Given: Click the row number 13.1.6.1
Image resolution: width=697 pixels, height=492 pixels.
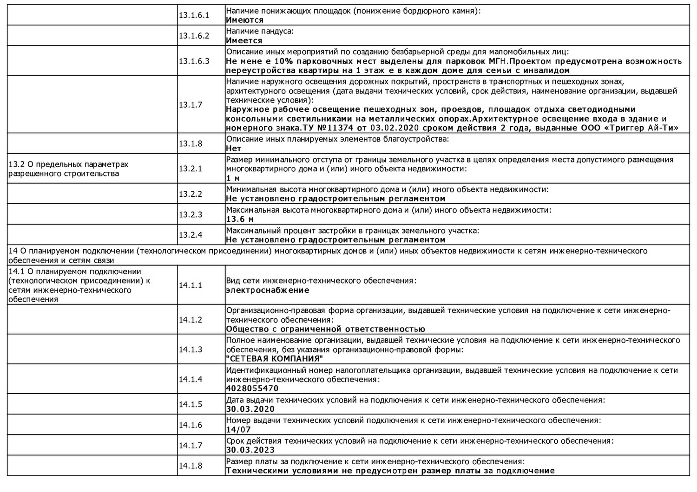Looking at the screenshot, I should [x=194, y=15].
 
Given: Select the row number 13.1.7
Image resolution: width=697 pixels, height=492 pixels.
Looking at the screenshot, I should [x=191, y=105].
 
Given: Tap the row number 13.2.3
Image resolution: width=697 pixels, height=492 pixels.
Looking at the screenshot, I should [x=191, y=214].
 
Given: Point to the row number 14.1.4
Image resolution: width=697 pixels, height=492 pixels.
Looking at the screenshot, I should [x=191, y=379].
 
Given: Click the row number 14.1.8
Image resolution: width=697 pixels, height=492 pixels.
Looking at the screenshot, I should [x=191, y=466].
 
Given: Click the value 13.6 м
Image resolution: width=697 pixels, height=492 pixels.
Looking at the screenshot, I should [x=240, y=219].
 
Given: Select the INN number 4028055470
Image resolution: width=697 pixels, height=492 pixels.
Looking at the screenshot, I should [x=252, y=388].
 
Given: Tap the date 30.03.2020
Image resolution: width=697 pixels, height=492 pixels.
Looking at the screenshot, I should [x=250, y=409].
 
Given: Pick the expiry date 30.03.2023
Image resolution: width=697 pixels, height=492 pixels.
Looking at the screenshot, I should [x=250, y=450].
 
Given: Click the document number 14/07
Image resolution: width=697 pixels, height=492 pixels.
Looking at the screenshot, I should [x=238, y=430].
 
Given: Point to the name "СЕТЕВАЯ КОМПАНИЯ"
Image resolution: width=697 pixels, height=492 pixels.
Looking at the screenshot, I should [x=274, y=359].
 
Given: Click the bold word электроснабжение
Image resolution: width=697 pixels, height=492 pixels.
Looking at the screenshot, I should [x=267, y=290].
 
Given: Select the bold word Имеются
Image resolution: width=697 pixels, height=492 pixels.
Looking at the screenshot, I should [x=244, y=20].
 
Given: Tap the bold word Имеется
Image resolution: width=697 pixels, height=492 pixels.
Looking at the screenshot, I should [x=244, y=41].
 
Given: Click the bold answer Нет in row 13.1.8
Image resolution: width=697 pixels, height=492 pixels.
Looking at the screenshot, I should [x=233, y=149].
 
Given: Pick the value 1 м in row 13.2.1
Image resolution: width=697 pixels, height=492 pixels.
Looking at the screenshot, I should [x=233, y=178].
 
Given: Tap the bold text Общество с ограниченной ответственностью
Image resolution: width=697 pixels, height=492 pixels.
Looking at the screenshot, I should [x=325, y=329].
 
